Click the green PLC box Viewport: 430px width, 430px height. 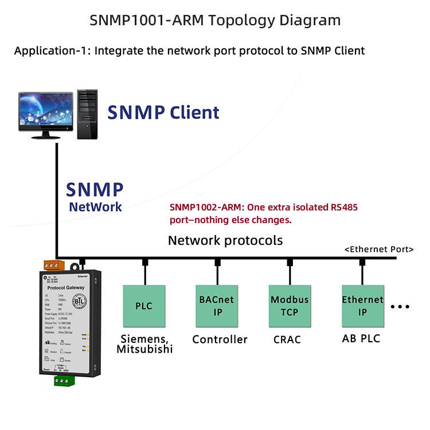144,306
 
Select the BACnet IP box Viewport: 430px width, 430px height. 216,306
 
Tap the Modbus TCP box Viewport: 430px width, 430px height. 290,306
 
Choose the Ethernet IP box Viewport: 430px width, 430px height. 362,306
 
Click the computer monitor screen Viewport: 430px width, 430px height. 45,111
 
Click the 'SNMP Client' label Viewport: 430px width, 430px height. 163,112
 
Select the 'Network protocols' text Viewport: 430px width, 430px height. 225,240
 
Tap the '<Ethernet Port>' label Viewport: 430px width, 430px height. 379,249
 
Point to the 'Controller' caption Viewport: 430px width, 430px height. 220,339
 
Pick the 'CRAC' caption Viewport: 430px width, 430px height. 288,339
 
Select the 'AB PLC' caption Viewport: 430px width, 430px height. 361,338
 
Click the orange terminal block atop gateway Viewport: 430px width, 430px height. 54,265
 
